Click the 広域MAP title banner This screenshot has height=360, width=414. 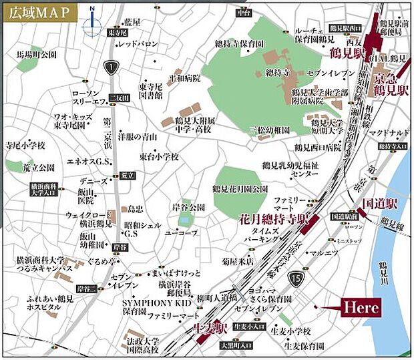[39, 12]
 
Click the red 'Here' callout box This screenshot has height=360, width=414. [362, 307]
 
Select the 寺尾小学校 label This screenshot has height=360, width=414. [25, 145]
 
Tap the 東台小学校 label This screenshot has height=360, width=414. [159, 156]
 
